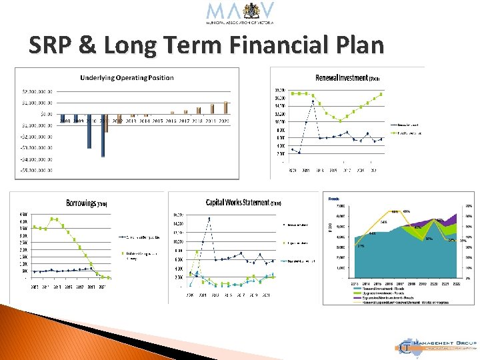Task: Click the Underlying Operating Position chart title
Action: click(127, 77)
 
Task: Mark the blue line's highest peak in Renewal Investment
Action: click(313, 101)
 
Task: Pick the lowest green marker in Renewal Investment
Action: click(340, 121)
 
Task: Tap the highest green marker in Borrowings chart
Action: click(54, 219)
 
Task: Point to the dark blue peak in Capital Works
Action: click(209, 219)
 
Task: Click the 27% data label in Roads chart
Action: click(361, 246)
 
